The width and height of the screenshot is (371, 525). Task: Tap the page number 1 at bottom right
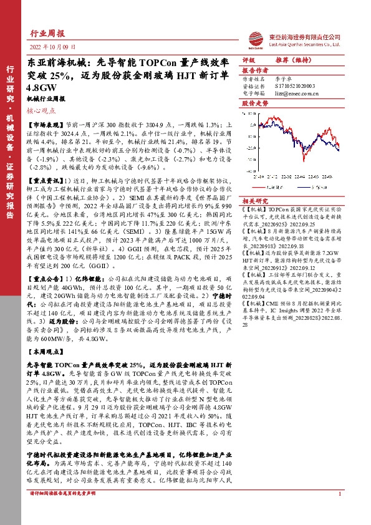click(x=339, y=512)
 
